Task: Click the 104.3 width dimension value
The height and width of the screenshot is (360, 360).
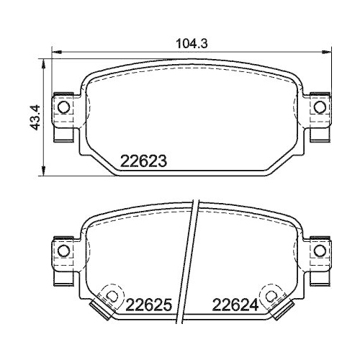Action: point(192,44)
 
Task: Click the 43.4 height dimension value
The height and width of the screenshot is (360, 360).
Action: point(34,117)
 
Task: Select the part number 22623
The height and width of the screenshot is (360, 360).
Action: point(143,161)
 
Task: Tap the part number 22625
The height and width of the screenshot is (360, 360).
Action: point(149,305)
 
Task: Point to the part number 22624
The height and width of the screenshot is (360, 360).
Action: point(235,305)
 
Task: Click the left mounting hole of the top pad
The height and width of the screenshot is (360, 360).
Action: point(64,107)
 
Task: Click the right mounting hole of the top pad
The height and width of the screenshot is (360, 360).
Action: point(320,107)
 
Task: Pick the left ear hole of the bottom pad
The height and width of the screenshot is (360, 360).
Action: point(64,251)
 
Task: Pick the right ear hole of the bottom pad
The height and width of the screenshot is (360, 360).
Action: point(320,251)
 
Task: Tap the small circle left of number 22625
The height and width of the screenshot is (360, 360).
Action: point(112,295)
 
